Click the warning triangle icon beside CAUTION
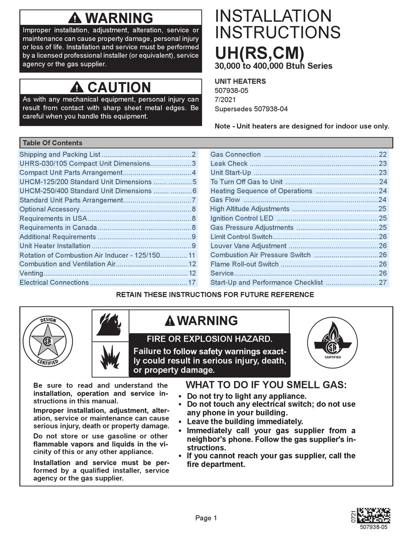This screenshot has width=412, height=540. (77, 87)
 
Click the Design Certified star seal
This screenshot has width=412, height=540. (48, 340)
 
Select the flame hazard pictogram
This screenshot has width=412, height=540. (110, 325)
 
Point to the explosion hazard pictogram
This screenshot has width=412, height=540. (110, 357)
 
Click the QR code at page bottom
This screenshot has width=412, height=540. (373, 516)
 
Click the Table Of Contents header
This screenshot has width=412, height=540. (52, 143)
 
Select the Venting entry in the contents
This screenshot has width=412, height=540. (32, 273)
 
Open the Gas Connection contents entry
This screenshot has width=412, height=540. (235, 155)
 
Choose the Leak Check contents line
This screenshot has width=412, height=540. (229, 164)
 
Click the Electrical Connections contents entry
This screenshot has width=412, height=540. (54, 282)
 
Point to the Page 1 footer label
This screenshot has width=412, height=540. (206, 518)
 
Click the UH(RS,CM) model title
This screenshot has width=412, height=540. (259, 53)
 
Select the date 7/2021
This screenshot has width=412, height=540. (226, 100)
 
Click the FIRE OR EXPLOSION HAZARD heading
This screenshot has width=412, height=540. (209, 339)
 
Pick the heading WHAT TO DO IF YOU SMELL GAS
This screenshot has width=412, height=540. (266, 385)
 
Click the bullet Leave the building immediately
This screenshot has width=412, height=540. (245, 421)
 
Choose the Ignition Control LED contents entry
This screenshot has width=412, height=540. (242, 219)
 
